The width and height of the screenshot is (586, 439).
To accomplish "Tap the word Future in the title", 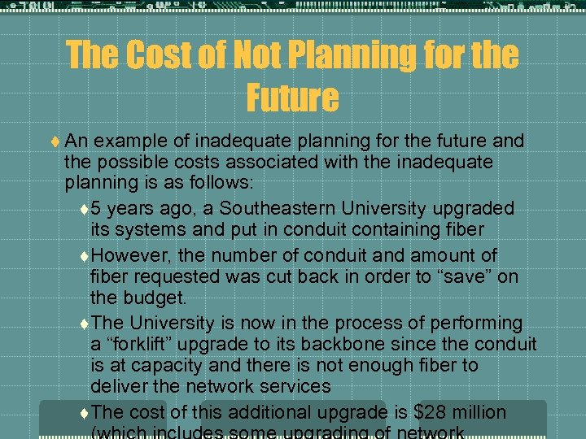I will click(293, 97).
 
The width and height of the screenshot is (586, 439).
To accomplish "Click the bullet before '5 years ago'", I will click(85, 209).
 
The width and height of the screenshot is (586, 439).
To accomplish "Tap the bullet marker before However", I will click(85, 256).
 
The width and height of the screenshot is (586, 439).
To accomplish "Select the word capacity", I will click(157, 365).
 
